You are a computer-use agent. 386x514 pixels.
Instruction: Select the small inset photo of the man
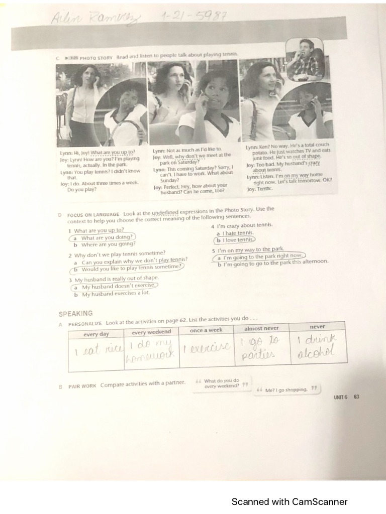click(305, 60)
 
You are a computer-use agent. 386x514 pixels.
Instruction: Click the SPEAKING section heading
click(75, 314)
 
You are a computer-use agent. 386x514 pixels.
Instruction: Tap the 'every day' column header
click(96, 334)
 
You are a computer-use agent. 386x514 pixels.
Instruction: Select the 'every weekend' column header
click(151, 332)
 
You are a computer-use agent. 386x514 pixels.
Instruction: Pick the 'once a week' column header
click(206, 330)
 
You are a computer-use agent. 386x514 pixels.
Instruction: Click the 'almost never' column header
click(261, 328)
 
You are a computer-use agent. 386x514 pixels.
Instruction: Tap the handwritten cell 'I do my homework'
click(151, 349)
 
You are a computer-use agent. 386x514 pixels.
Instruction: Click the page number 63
click(356, 397)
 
